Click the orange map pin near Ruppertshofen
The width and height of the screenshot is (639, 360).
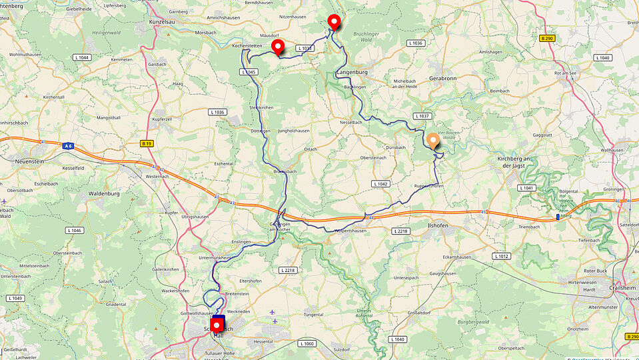point(433,141)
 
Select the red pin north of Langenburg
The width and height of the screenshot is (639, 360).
point(334,21)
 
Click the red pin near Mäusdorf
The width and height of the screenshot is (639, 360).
point(278,47)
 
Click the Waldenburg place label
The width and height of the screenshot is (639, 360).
point(103,194)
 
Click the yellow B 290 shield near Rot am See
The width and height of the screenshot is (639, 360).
point(547,39)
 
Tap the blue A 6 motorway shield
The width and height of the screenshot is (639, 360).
point(69,145)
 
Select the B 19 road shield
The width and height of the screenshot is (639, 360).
point(147,143)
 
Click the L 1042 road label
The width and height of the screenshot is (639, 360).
point(380,183)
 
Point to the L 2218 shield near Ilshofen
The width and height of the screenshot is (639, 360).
point(400,231)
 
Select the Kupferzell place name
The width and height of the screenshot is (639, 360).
point(162,118)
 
